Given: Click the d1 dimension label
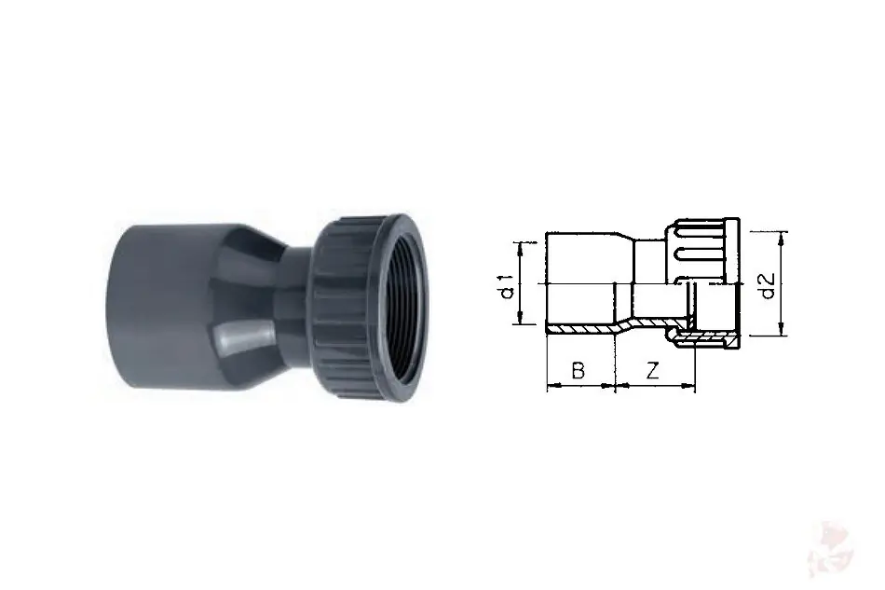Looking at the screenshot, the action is click(x=508, y=286).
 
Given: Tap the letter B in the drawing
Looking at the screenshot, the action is click(x=578, y=371).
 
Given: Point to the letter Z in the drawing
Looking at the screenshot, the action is click(x=652, y=371).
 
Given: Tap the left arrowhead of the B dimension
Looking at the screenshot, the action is click(x=553, y=386).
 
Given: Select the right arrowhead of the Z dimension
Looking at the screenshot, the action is click(x=689, y=386).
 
